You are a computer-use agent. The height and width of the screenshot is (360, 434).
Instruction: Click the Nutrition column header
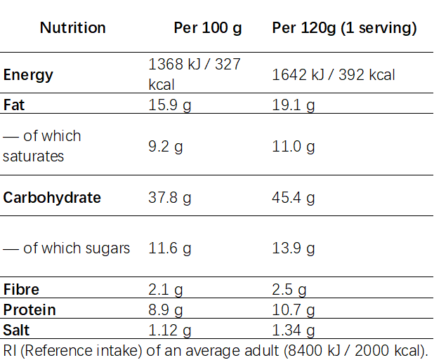[73, 28]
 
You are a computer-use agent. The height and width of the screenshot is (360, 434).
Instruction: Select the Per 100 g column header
[208, 29]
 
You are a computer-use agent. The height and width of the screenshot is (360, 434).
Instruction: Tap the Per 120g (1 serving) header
[344, 29]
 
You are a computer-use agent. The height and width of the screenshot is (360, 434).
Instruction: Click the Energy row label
[28, 75]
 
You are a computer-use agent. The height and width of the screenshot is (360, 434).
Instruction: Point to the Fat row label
[14, 105]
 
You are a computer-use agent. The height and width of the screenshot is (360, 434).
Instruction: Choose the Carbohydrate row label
[52, 198]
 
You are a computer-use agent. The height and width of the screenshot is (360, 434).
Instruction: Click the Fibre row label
[21, 290]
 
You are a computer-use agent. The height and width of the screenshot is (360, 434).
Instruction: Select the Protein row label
[29, 310]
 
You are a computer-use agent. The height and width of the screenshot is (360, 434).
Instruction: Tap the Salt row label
[16, 330]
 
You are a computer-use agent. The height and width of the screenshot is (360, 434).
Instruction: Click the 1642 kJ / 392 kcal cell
[334, 75]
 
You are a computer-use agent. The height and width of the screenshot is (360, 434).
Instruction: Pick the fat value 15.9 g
[170, 106]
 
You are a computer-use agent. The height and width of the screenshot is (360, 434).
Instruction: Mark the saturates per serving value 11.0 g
[294, 147]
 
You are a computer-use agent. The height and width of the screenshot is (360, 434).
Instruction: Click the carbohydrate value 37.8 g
[170, 199]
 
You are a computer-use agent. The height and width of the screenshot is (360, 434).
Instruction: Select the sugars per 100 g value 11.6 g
[170, 248]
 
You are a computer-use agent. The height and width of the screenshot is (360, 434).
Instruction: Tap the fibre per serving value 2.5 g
[289, 290]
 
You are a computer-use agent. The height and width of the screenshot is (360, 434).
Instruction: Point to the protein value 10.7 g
[294, 310]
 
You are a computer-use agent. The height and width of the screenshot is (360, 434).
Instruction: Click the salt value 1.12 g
[170, 331]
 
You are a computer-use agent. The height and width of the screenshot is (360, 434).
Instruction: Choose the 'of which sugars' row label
[67, 248]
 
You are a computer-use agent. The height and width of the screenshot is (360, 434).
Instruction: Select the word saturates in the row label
[33, 156]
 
